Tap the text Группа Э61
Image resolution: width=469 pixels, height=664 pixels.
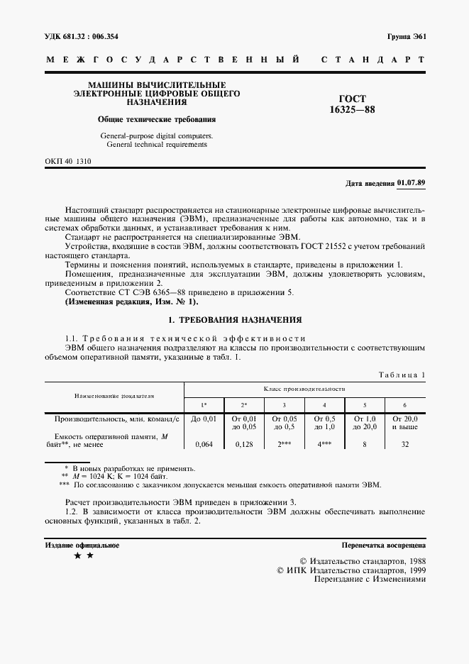[406, 36]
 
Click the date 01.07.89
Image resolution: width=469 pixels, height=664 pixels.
[411, 182]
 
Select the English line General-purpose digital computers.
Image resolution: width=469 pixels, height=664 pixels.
[156, 135]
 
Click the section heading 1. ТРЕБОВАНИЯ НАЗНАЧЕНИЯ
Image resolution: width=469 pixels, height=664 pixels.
[233, 320]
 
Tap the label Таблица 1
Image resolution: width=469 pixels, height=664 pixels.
[402, 374]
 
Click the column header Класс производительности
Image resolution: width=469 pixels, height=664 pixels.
[304, 389]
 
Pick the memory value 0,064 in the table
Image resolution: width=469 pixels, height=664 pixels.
[204, 444]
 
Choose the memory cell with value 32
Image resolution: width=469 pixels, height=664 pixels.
[404, 444]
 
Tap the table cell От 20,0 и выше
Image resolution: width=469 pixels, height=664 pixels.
[404, 423]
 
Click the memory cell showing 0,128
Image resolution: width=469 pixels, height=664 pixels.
[244, 444]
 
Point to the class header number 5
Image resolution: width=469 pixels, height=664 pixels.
[364, 404]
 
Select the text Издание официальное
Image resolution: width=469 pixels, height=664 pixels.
[82, 546]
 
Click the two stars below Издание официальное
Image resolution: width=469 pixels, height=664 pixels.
[84, 557]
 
